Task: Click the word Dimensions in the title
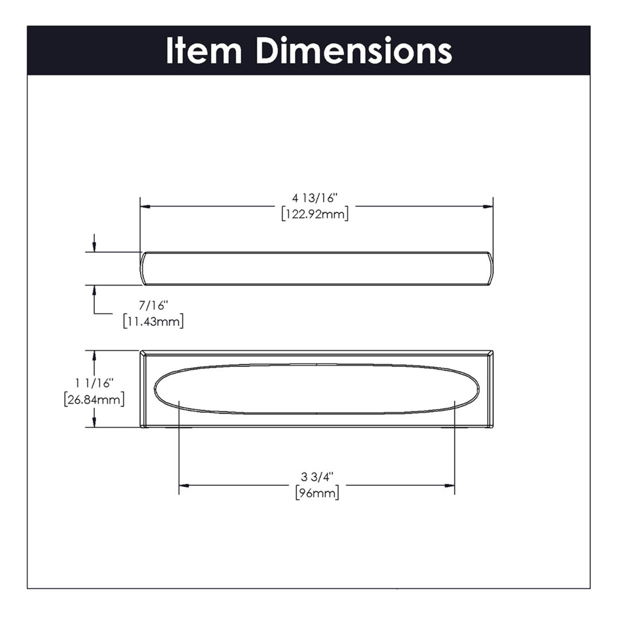pyautogui.click(x=354, y=51)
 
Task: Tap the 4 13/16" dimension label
pyautogui.click(x=315, y=198)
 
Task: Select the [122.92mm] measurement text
pyautogui.click(x=315, y=214)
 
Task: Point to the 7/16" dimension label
pyautogui.click(x=153, y=305)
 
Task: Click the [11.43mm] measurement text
pyautogui.click(x=153, y=322)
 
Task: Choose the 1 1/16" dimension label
pyautogui.click(x=94, y=383)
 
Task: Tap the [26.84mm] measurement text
pyautogui.click(x=94, y=400)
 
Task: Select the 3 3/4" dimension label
pyautogui.click(x=317, y=477)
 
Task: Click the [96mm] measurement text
pyautogui.click(x=317, y=493)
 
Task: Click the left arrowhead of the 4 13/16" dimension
pyautogui.click(x=145, y=206)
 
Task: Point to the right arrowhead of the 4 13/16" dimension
pyautogui.click(x=488, y=206)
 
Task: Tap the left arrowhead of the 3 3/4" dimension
pyautogui.click(x=184, y=486)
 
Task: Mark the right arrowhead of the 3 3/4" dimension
pyautogui.click(x=450, y=486)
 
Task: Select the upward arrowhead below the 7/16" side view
pyautogui.click(x=94, y=290)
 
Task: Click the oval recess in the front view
pyautogui.click(x=316, y=389)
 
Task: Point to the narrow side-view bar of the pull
pyautogui.click(x=316, y=268)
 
